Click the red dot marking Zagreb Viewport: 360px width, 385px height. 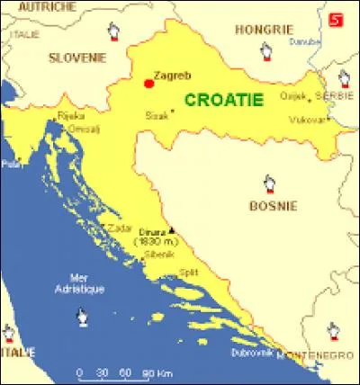(148, 84)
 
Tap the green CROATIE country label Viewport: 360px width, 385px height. (224, 100)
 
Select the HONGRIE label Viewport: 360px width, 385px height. (257, 29)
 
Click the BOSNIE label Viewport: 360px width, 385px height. (273, 206)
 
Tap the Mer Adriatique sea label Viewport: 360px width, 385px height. (86, 283)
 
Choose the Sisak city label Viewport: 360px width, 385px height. (157, 115)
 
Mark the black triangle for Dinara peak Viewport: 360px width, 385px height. (172, 231)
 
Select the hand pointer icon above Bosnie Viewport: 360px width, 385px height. (268, 184)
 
